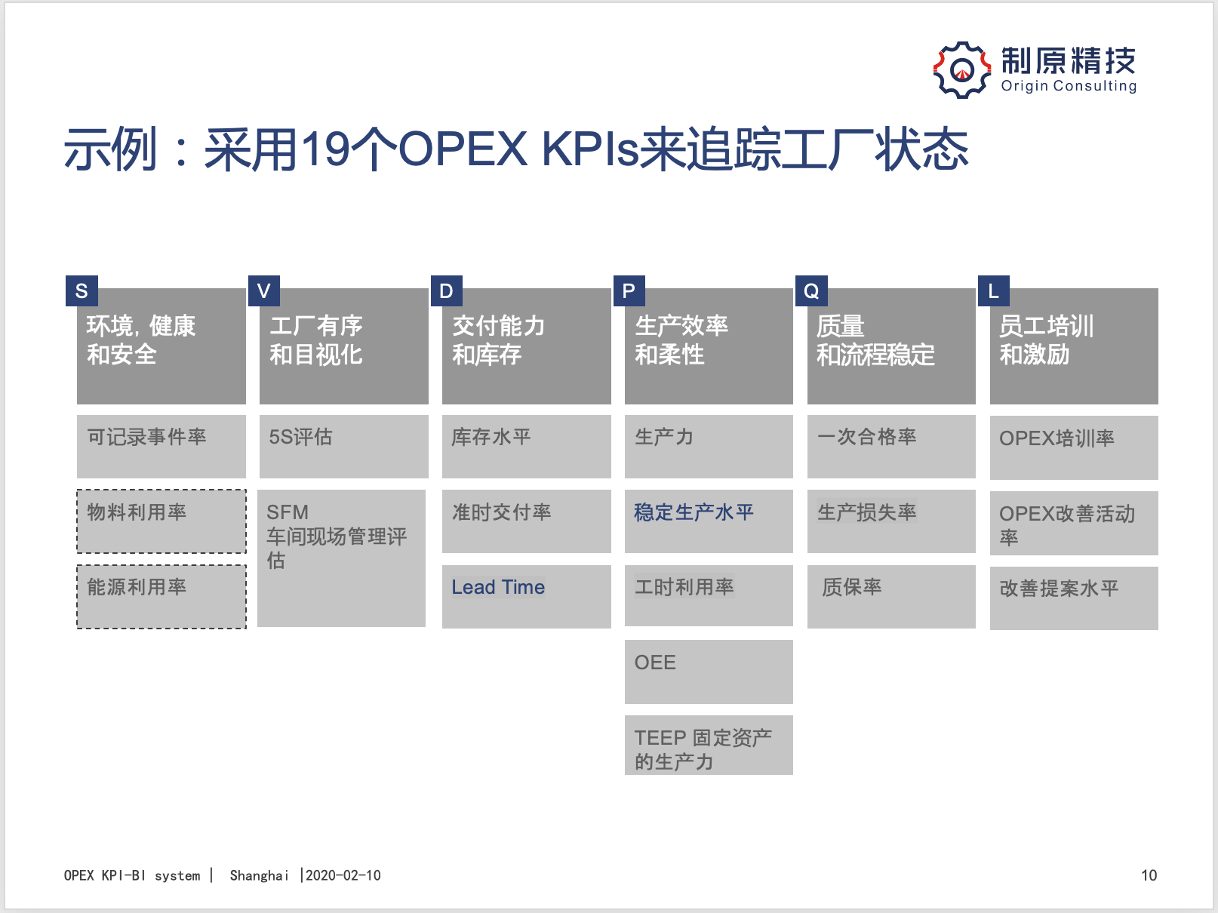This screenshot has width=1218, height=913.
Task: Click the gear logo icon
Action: pyautogui.click(x=961, y=70)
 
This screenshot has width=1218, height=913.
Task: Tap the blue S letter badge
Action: pyautogui.click(x=82, y=290)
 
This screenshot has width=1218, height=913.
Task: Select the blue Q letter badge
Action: pyautogui.click(x=811, y=290)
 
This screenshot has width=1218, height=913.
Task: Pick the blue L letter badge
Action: pyautogui.click(x=993, y=290)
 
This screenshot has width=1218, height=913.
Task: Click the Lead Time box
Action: pyautogui.click(x=526, y=596)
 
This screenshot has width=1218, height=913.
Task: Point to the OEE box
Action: pyautogui.click(x=709, y=672)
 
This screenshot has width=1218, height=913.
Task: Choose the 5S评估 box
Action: pyautogui.click(x=343, y=447)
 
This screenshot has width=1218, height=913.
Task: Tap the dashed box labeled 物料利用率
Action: pyautogui.click(x=161, y=521)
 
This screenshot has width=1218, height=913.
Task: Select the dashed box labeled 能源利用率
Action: pyautogui.click(x=161, y=597)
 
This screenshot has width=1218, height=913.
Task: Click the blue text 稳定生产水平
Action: pyautogui.click(x=694, y=512)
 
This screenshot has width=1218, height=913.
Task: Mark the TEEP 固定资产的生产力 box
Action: pyautogui.click(x=709, y=745)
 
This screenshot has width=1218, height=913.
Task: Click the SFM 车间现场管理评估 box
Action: pyautogui.click(x=341, y=558)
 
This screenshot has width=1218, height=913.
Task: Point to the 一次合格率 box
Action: pyautogui.click(x=891, y=447)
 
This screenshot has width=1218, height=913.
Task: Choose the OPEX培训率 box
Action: pyautogui.click(x=1074, y=447)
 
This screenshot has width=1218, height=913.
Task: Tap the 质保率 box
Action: pyautogui.click(x=891, y=597)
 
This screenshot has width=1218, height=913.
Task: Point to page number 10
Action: pyautogui.click(x=1149, y=875)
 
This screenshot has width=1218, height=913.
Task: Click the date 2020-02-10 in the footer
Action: pyautogui.click(x=343, y=875)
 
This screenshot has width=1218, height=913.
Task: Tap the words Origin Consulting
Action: pyautogui.click(x=1069, y=86)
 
